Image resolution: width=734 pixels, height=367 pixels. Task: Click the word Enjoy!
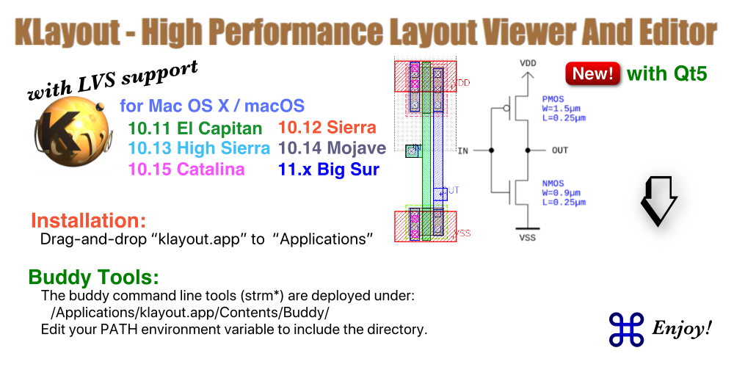tap(682, 330)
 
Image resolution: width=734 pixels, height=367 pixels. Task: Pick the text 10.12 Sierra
tap(327, 128)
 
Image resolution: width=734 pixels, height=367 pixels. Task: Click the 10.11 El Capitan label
tap(195, 128)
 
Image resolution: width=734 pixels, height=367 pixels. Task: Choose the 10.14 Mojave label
tap(333, 148)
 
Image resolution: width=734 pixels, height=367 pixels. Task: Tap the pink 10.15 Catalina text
tap(186, 170)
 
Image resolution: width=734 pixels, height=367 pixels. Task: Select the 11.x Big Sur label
tap(329, 170)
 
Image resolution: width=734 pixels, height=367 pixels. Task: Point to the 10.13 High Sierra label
tap(199, 148)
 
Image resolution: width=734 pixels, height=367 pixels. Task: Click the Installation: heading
tap(89, 220)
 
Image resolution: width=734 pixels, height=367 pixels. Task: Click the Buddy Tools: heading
tap(93, 277)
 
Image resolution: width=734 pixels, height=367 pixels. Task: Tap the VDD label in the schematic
tap(527, 64)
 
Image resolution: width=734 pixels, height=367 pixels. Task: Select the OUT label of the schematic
tap(559, 150)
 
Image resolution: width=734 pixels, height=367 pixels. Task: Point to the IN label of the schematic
tap(462, 150)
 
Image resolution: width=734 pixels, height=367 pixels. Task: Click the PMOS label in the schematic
tap(552, 98)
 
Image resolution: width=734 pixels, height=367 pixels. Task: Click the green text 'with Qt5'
tap(666, 74)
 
